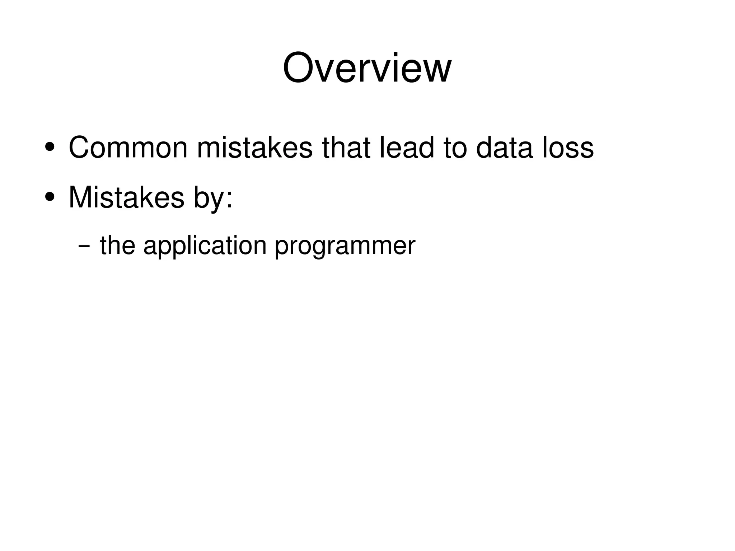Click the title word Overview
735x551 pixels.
pyautogui.click(x=367, y=68)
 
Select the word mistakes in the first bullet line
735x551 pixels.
pyautogui.click(x=255, y=148)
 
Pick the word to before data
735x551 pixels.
pyautogui.click(x=455, y=148)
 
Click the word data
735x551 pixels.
pyautogui.click(x=504, y=148)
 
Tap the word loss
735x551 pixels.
pyautogui.click(x=568, y=148)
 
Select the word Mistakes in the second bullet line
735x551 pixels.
pyautogui.click(x=126, y=197)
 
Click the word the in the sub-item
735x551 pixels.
pyautogui.click(x=118, y=246)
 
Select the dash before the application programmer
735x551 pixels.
pyautogui.click(x=84, y=247)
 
